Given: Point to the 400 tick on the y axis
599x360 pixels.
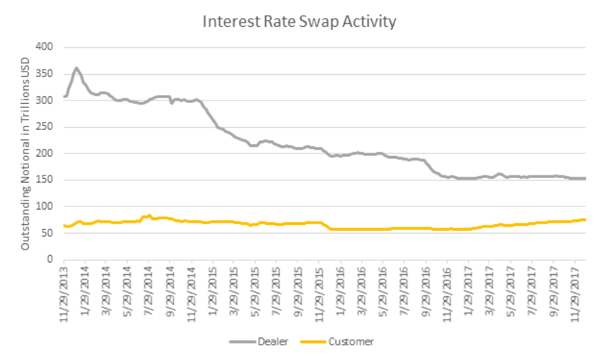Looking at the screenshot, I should click(46, 47).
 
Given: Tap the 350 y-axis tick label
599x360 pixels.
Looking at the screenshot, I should click(46, 74).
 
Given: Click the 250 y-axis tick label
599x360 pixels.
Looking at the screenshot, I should click(46, 127).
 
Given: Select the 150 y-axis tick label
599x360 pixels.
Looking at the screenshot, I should click(46, 180).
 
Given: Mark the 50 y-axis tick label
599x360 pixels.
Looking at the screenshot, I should click(48, 233).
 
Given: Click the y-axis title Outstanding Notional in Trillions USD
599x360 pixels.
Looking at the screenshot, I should click(26, 153).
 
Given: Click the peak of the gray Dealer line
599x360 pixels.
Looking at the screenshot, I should click(76, 68).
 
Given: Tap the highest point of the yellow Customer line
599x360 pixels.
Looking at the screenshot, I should click(149, 215).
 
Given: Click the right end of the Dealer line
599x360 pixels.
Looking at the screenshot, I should click(585, 178).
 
